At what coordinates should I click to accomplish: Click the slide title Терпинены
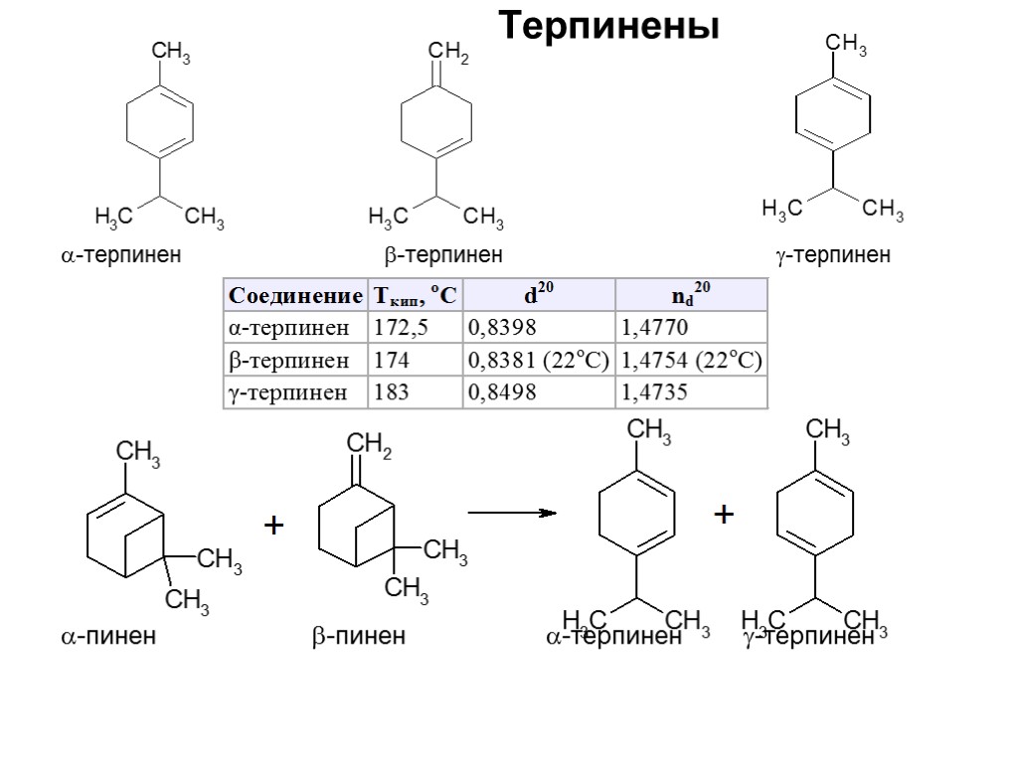coord(607,27)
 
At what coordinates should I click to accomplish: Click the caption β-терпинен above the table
coord(443,255)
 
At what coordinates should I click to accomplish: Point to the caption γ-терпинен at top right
coord(833,255)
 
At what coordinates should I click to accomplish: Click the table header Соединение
coord(295,295)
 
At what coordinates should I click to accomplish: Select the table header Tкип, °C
coord(415,295)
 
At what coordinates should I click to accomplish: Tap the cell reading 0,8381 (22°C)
coord(538,360)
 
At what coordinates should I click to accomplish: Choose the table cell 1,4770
coord(653,327)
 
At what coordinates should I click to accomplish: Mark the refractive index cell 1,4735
coord(653,392)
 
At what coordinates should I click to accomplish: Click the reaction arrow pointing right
coord(510,513)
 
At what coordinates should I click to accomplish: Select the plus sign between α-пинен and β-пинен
coord(273,526)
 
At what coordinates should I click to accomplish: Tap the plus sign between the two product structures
coord(724,515)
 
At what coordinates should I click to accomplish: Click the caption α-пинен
coord(108,636)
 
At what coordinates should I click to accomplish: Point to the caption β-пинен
coord(359,636)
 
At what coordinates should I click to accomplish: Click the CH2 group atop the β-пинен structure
coord(369,449)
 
